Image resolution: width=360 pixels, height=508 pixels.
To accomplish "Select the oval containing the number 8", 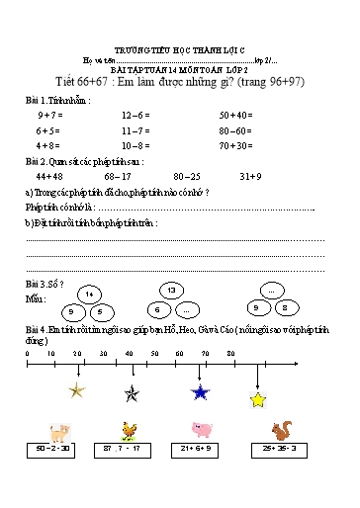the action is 286,307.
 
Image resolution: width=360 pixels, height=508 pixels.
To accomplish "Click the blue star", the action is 201,392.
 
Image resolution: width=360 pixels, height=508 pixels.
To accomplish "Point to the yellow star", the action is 258,399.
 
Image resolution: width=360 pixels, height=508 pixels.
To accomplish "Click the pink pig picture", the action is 204,430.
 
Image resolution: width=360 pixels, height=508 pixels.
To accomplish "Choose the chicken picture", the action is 127,430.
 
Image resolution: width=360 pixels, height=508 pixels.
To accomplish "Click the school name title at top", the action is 178,20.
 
